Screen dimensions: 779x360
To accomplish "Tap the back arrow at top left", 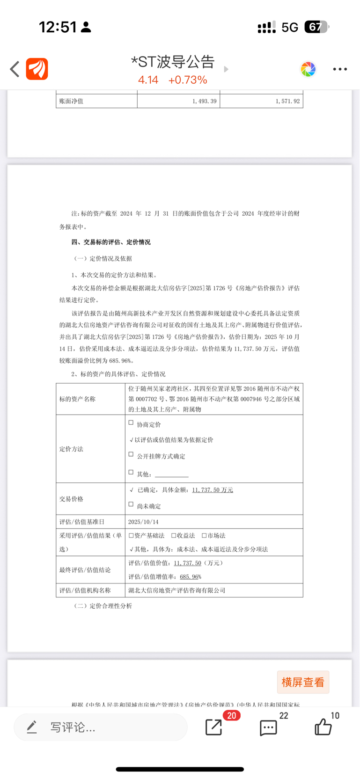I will coord(15,69).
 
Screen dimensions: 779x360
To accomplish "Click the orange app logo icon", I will coord(37,69).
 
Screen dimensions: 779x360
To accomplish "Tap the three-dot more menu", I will coord(340,69).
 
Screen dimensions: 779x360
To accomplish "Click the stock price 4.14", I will coord(148,80).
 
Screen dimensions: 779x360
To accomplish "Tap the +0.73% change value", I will coord(188,80).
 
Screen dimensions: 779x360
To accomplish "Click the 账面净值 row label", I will coord(71,101).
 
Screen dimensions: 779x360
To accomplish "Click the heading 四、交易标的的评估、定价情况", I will coord(111,242).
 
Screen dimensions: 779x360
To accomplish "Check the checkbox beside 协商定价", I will coord(131,422).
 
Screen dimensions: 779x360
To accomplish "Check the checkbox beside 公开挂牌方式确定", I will coord(131,454).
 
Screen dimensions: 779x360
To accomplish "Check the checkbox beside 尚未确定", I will coord(131,504).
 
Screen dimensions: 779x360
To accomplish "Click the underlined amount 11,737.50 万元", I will coord(213,490).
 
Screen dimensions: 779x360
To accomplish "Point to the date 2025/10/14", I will coord(143,522).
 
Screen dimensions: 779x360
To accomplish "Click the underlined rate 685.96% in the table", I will coord(191,577).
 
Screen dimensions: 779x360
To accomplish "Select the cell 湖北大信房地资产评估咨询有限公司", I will coord(177,590).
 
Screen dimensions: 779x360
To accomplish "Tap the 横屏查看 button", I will coord(303,682).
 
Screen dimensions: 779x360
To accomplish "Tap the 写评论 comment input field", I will coord(101,727).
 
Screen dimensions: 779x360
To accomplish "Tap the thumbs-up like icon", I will coord(323,727).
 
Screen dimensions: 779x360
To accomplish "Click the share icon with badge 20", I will coord(214,727).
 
